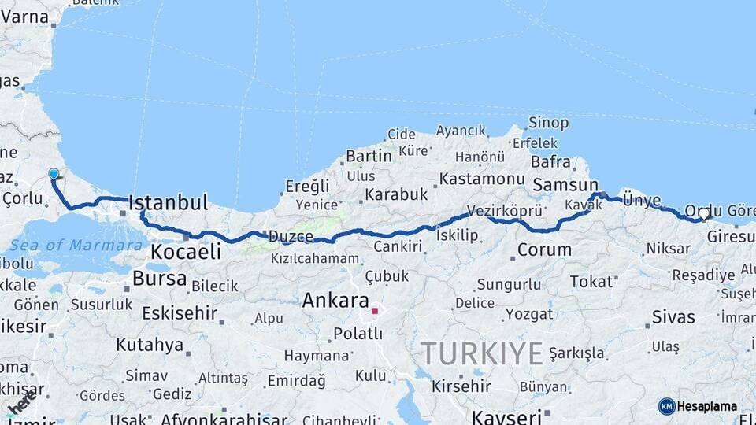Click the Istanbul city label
168,203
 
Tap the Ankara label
335,301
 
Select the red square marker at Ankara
375,311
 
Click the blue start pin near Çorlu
54,174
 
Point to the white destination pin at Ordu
704,213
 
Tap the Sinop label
548,122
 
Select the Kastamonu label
481,179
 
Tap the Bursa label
159,279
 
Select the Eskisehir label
179,313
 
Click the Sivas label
673,316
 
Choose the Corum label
544,250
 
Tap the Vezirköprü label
505,211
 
